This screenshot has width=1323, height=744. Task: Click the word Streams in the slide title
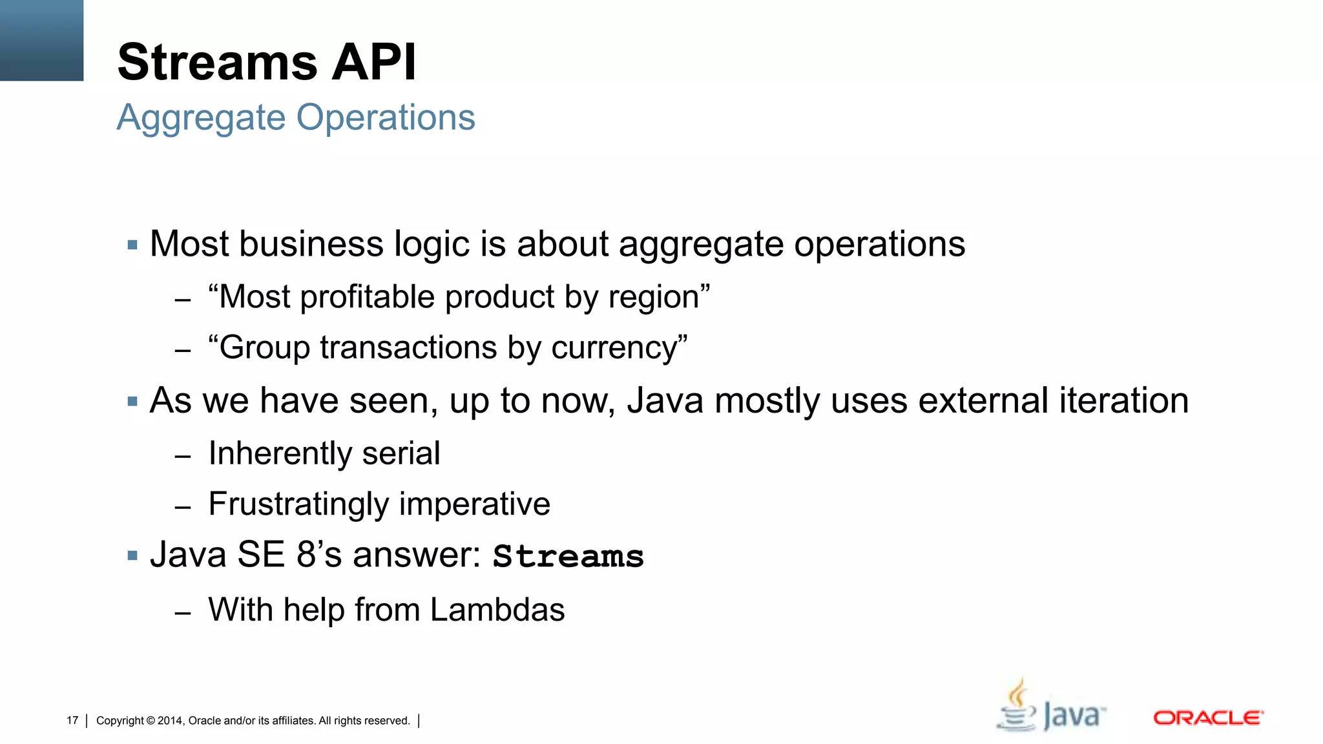click(218, 63)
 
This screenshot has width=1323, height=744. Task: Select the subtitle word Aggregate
click(201, 119)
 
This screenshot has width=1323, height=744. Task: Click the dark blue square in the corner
click(41, 40)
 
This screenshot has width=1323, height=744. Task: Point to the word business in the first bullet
click(299, 244)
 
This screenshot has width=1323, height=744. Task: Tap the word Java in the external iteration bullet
click(665, 400)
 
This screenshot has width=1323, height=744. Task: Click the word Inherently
click(279, 453)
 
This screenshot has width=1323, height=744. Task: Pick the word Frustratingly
click(298, 504)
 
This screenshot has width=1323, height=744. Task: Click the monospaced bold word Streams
click(568, 557)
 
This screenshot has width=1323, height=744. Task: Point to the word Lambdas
click(497, 610)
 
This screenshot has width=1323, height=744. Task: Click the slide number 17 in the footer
click(72, 721)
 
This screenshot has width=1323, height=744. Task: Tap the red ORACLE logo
click(1207, 718)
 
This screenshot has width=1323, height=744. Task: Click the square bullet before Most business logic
click(133, 245)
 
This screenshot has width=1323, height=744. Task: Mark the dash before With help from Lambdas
click(183, 612)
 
